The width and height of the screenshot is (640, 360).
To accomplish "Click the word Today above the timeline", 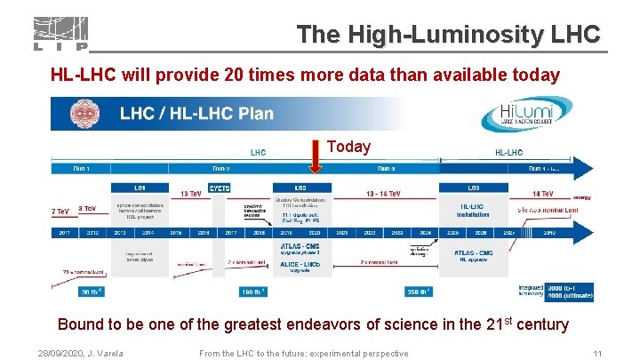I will [348, 147].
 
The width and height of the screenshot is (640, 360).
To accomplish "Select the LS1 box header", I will [140, 188].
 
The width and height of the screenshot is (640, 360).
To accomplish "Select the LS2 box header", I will [301, 188].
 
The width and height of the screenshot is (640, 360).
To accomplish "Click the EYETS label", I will [220, 188].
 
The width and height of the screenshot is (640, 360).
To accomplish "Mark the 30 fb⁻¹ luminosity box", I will [91, 292].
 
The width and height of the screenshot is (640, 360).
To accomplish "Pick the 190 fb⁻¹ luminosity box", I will [254, 292].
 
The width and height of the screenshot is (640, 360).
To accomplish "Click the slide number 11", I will [597, 353].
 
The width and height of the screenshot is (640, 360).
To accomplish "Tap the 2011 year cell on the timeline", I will [65, 232].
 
